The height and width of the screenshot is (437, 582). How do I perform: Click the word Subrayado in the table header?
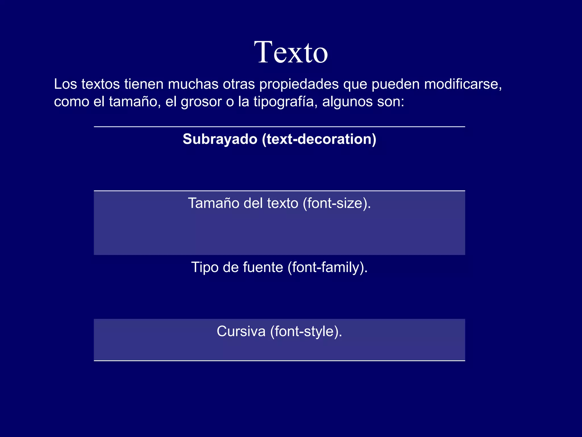coord(220,139)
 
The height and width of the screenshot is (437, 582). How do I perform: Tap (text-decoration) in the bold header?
coord(319,139)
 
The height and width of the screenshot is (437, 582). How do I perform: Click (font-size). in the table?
coord(337,203)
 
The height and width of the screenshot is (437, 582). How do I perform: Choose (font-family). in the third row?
coord(328,267)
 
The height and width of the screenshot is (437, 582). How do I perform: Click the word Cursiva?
coord(241,331)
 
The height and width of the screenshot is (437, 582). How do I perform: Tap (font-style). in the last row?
coord(306,331)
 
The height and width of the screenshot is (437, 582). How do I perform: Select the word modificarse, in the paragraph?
coord(463,84)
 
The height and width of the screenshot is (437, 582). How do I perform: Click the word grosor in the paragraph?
coord(201,102)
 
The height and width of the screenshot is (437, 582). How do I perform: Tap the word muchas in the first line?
coord(193,84)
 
